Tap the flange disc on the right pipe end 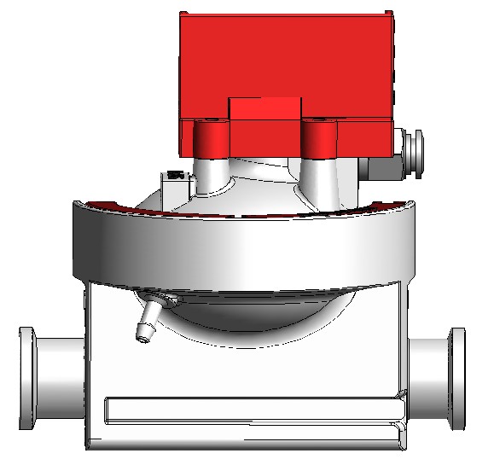click(x=458, y=376)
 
